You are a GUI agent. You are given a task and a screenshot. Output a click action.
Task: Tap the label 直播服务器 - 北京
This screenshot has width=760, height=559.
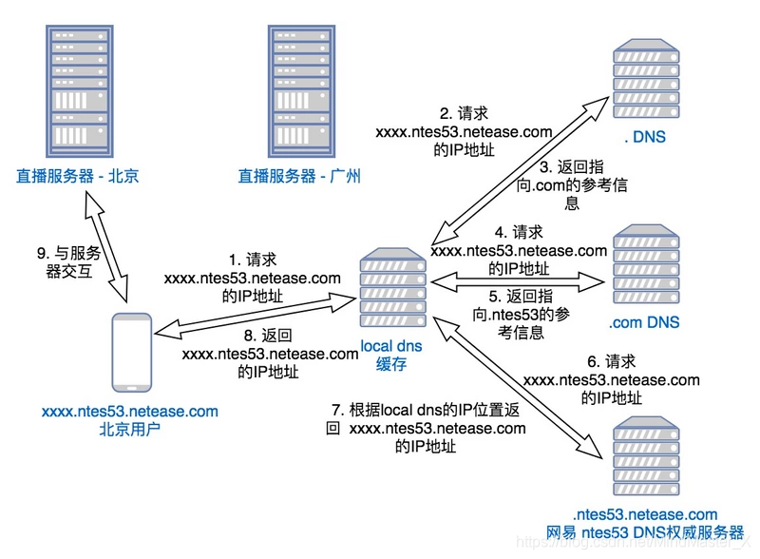coord(77,176)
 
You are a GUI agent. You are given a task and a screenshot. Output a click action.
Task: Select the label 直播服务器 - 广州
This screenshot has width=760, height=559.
coord(299,176)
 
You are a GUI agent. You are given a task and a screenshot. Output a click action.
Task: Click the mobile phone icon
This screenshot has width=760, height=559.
coord(130,352)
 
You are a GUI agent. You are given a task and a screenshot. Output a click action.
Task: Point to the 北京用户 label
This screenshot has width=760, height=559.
coord(130,429)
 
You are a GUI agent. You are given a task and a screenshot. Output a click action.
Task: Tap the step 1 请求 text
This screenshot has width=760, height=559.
coord(252,278)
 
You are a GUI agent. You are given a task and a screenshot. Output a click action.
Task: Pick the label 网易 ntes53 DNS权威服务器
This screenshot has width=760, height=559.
coord(645,531)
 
